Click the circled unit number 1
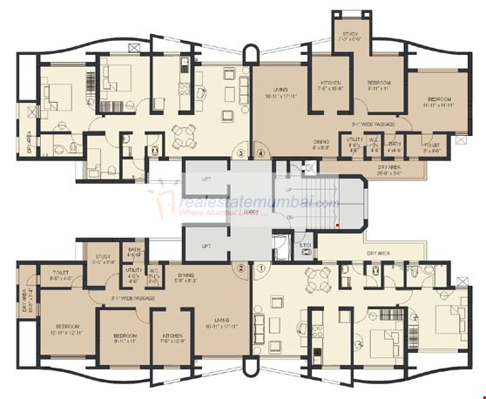click(260, 268)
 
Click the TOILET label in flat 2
click(61, 272)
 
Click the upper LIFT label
click(206, 178)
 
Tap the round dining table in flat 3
click(184, 135)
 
